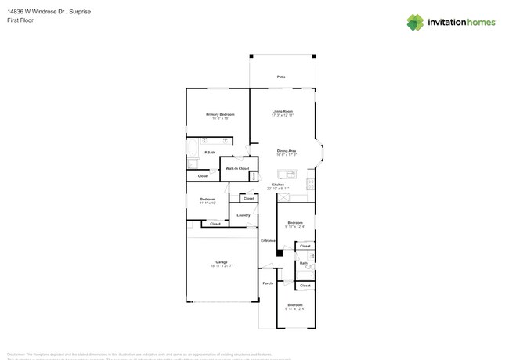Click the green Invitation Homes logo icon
pyautogui.click(x=415, y=22)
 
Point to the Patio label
pyautogui.click(x=281, y=77)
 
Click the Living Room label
pyautogui.click(x=283, y=111)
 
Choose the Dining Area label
pyautogui.click(x=287, y=150)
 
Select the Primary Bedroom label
pyautogui.click(x=220, y=114)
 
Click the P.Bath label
pyautogui.click(x=211, y=152)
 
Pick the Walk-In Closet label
pyautogui.click(x=237, y=168)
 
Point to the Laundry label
pyautogui.click(x=243, y=214)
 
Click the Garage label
pyautogui.click(x=222, y=261)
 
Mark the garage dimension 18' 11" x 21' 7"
pyautogui.click(x=222, y=266)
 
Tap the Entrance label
pyautogui.click(x=268, y=240)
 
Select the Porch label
pyautogui.click(x=268, y=283)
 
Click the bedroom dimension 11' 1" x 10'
pyautogui.click(x=208, y=203)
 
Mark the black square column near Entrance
pyautogui.click(x=280, y=254)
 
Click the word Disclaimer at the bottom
pyautogui.click(x=16, y=354)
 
